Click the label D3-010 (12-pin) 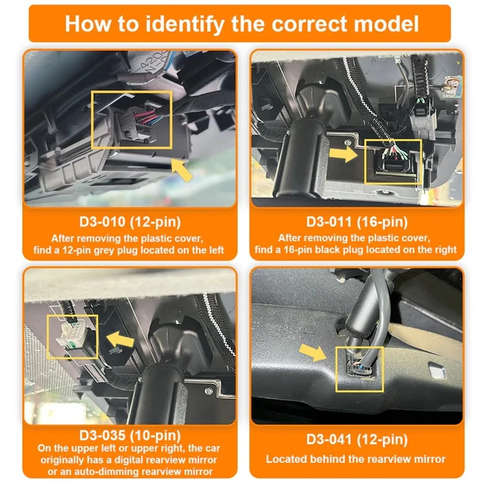tap(129, 223)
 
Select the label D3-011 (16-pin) tap(356, 223)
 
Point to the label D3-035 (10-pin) tap(129, 436)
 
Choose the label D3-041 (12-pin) tap(356, 439)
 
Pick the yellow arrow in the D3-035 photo tap(119, 337)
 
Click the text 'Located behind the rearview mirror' tap(356, 459)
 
